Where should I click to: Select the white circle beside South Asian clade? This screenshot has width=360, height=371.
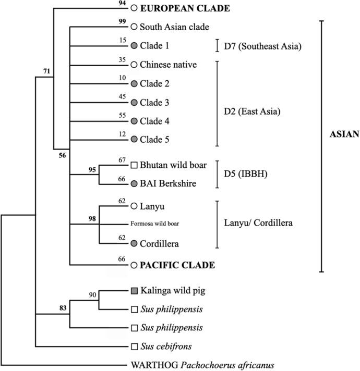point(134,27)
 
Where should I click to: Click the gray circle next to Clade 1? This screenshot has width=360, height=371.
point(134,45)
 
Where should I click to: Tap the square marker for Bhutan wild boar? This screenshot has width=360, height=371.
point(134,165)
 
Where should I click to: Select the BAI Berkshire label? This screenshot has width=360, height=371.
point(169,184)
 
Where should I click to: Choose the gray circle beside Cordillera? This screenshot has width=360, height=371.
point(134,243)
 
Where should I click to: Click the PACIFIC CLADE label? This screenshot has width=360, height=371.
point(178,265)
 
